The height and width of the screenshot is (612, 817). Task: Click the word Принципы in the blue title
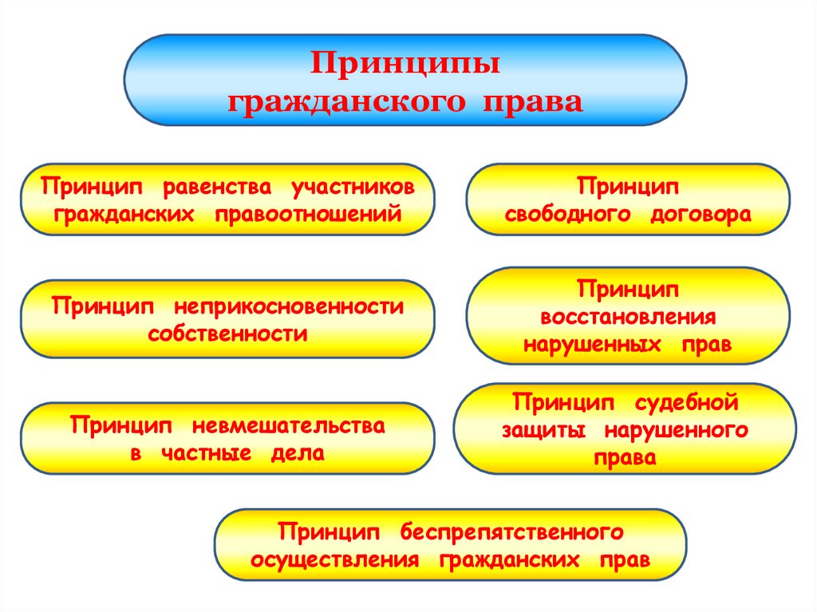coord(405,65)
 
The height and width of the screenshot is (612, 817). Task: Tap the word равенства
coord(217,187)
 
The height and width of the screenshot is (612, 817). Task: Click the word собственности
coord(227,334)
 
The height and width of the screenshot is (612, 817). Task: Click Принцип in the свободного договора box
coord(628,187)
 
